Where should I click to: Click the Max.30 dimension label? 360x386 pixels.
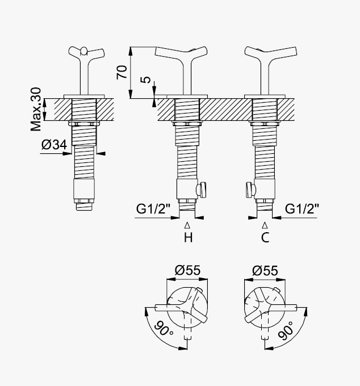coord(36,109)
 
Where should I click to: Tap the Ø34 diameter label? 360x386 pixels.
coord(54,145)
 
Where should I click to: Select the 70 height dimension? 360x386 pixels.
coord(122,72)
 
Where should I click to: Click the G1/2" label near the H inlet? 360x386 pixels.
coord(153,209)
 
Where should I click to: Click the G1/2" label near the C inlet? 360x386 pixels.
coord(302,209)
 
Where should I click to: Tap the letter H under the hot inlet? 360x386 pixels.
coord(188,237)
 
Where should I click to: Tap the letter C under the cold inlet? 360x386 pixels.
coord(265,237)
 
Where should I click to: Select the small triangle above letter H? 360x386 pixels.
coord(187,225)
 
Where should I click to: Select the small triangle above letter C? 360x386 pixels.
coord(265,225)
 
